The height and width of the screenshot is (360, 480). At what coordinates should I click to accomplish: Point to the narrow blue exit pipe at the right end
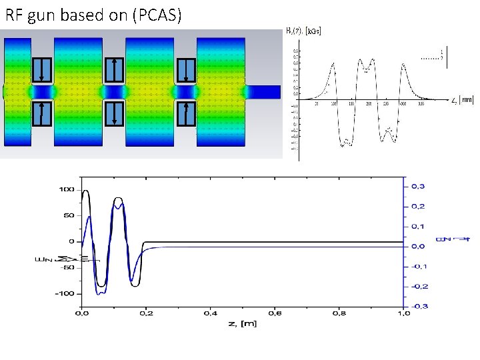[265, 91]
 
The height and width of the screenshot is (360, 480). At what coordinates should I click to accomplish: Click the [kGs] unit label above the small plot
[312, 31]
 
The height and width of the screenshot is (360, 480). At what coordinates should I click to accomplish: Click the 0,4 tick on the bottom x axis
[209, 313]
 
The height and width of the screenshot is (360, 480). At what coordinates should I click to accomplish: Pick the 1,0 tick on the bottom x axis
[403, 313]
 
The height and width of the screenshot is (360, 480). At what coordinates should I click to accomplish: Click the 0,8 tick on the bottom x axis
[338, 313]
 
